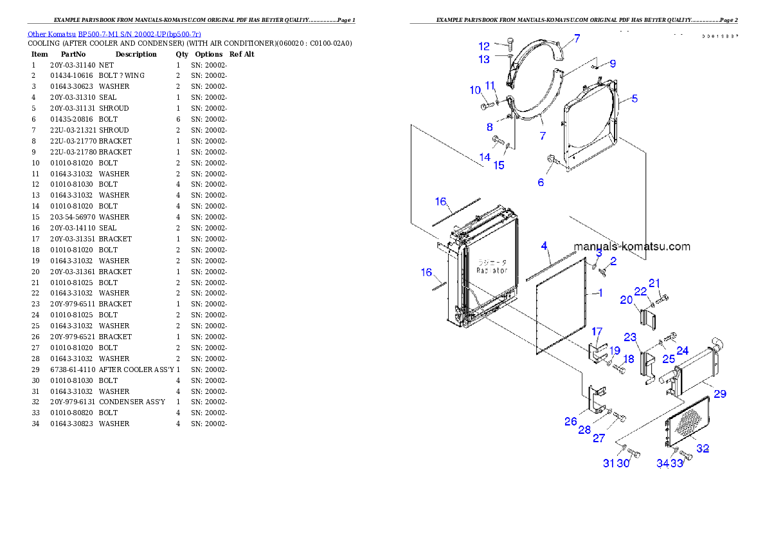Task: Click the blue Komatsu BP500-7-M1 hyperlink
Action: click(x=114, y=33)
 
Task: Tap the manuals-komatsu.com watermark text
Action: click(x=631, y=247)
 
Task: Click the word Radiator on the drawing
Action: click(x=492, y=271)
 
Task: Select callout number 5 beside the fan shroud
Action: click(x=634, y=98)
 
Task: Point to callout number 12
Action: click(x=483, y=46)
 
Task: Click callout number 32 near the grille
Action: click(x=703, y=448)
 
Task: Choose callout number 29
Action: click(x=720, y=393)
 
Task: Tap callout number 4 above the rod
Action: click(x=544, y=246)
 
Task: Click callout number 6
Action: click(x=541, y=182)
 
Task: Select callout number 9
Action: click(x=613, y=64)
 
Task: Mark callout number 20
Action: click(x=626, y=299)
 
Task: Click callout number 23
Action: click(x=630, y=337)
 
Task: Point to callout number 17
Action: click(x=597, y=332)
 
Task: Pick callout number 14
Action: click(x=485, y=157)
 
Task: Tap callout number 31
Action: click(x=608, y=463)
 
